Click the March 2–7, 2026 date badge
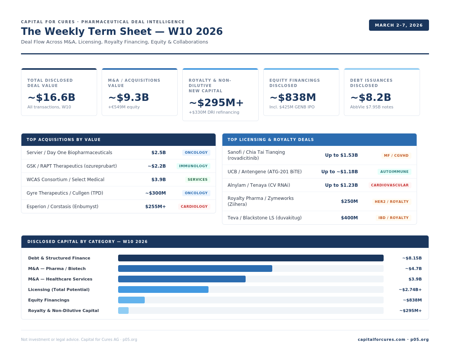pos(399,25)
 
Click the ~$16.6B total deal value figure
pos(51,97)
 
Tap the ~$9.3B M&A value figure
pos(129,97)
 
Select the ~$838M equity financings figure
pos(293,97)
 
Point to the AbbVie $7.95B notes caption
pos(372,107)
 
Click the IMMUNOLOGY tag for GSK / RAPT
pos(193,166)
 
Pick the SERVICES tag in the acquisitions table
pos(198,180)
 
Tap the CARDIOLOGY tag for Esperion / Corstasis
pos(194,207)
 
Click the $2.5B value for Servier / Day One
pos(159,153)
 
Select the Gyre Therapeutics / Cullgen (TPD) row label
pos(65,193)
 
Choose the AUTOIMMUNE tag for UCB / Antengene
pos(394,172)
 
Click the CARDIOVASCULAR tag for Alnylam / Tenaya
pos(390,185)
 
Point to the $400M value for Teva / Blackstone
pos(349,218)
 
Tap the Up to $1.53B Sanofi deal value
pos(341,155)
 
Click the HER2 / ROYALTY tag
pos(391,202)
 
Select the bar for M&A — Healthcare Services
pos(182,279)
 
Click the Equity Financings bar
pos(131,300)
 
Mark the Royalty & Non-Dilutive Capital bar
pos(123,310)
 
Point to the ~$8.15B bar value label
pos(412,258)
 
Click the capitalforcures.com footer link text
pos(382,340)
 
